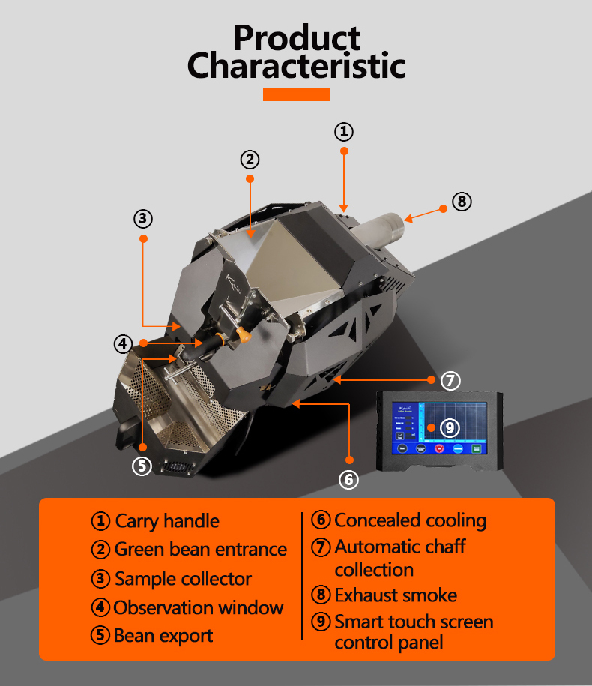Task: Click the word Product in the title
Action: pos(296,37)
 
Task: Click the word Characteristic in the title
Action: pos(296,66)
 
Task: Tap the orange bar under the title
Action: pos(296,94)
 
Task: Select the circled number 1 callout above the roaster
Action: pos(343,132)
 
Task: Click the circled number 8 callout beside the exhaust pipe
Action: pos(462,201)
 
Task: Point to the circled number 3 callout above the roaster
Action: pos(143,219)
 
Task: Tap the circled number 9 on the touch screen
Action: pos(449,427)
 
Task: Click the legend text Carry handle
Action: pos(167,521)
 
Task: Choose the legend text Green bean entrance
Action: pos(200,550)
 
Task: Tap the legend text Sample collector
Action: pos(183,579)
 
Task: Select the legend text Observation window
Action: pos(199,607)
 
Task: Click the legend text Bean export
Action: pos(163,636)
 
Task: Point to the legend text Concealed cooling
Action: pos(410,520)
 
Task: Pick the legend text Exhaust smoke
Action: pos(396,595)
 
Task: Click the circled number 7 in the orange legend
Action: pos(321,547)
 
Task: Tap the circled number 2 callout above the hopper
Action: pos(250,159)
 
